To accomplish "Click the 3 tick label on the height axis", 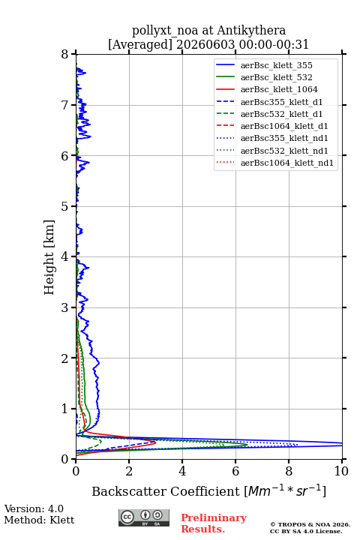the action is pyautogui.click(x=65, y=307).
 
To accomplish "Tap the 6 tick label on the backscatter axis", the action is pyautogui.click(x=235, y=471).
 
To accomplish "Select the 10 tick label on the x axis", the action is pyautogui.click(x=341, y=471).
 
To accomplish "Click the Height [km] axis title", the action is pyautogui.click(x=49, y=257).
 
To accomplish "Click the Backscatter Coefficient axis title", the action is pyautogui.click(x=208, y=490).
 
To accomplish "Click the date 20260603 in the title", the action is pyautogui.click(x=205, y=44).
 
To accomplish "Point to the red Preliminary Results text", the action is pyautogui.click(x=214, y=523).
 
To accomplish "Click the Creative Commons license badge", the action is pyautogui.click(x=144, y=517).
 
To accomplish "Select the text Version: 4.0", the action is pyautogui.click(x=34, y=508).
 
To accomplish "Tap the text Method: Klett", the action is pyautogui.click(x=39, y=520).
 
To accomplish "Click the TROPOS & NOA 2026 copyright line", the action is pyautogui.click(x=310, y=524).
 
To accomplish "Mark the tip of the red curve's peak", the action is pyautogui.click(x=156, y=442).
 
